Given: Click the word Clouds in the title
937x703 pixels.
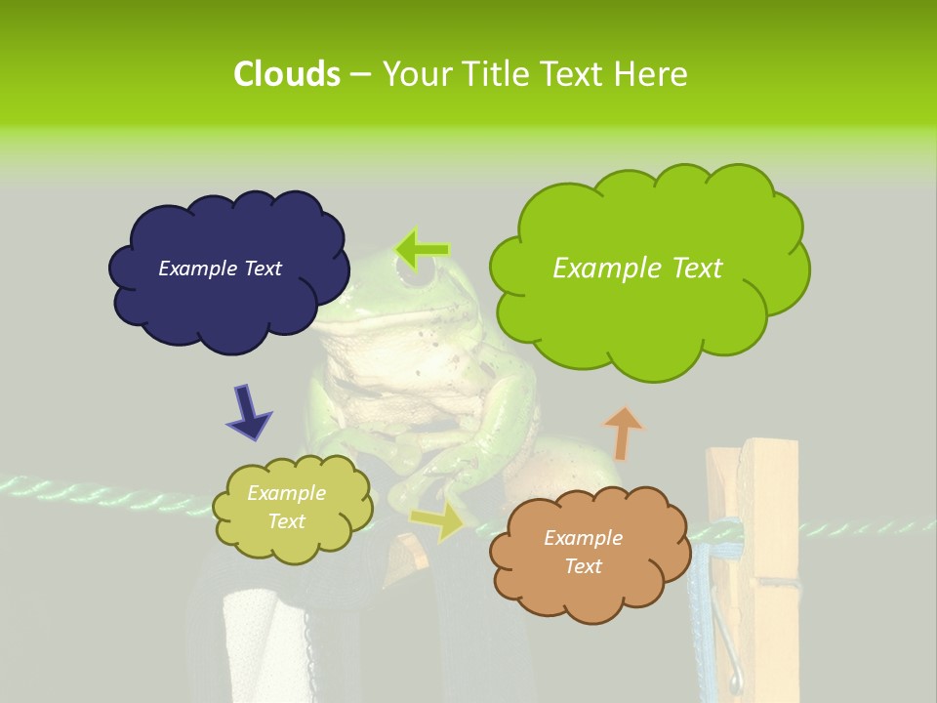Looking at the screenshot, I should pyautogui.click(x=286, y=74).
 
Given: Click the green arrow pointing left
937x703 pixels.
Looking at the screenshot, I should pyautogui.click(x=423, y=250).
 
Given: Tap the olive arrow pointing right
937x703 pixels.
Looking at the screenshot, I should pyautogui.click(x=437, y=521).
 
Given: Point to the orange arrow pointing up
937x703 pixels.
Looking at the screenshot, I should pyautogui.click(x=623, y=433).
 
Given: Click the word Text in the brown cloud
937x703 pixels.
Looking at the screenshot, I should pyautogui.click(x=583, y=566).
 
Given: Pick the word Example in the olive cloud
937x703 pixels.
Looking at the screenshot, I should pyautogui.click(x=286, y=494).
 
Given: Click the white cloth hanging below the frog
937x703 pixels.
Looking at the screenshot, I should pyautogui.click(x=262, y=644).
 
